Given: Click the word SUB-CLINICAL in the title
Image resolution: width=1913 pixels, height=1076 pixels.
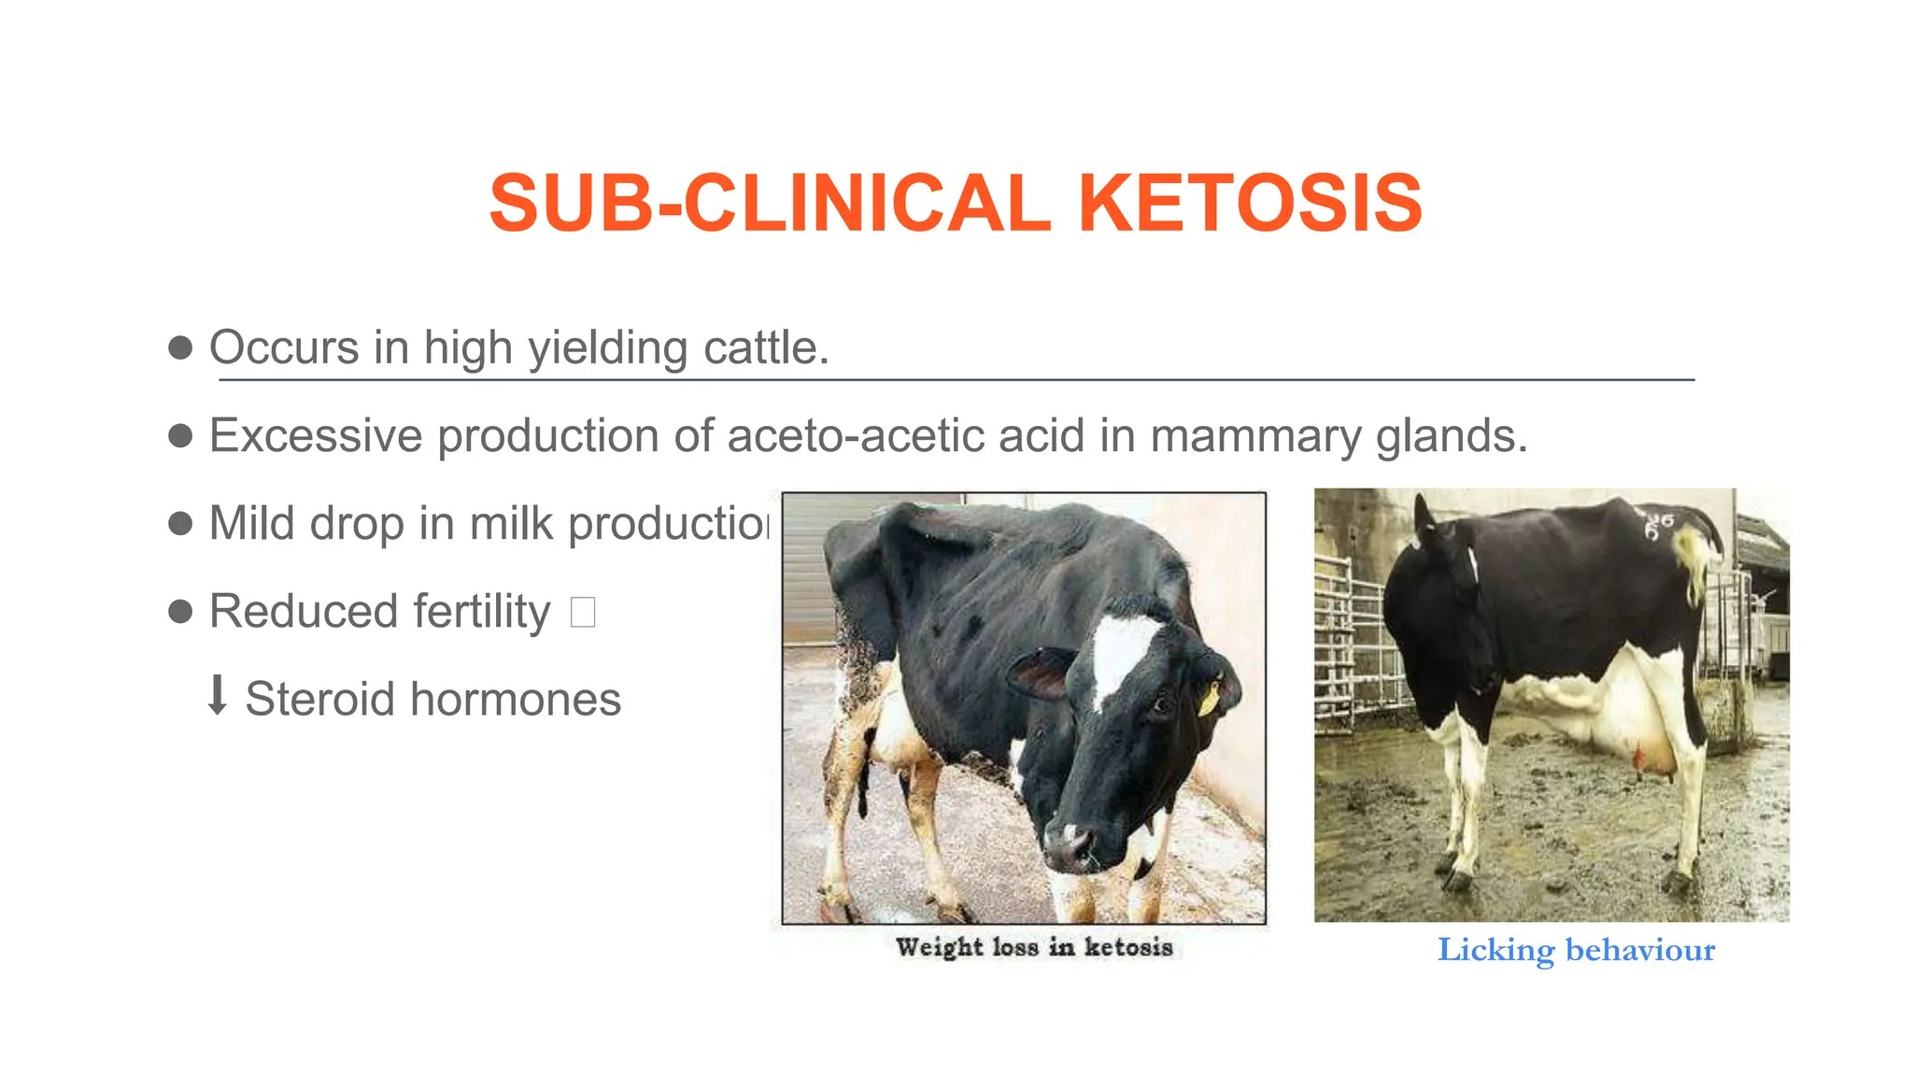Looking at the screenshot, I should coord(770,203).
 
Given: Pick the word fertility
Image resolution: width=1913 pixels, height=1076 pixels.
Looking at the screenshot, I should coord(482,612).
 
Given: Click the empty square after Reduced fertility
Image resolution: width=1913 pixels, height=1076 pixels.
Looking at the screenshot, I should coord(583,613).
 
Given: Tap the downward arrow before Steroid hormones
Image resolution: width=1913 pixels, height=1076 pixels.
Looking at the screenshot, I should coord(217,696).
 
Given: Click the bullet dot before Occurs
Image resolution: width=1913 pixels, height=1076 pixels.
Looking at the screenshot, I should coord(180,348).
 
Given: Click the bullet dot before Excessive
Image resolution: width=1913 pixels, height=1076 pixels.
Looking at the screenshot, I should coord(180,436).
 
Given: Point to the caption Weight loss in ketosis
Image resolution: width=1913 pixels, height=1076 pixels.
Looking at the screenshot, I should coord(1033,947).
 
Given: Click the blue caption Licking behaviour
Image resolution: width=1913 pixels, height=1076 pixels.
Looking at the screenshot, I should coord(1576,950).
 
